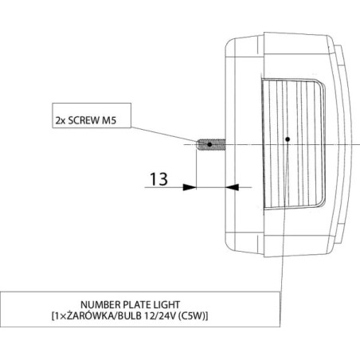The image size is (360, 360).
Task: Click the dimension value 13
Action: click(x=158, y=179)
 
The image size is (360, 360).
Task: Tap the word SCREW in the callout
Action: click(x=83, y=120)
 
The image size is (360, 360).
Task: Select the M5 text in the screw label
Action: click(x=109, y=120)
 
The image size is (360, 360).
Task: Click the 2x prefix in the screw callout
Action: click(x=61, y=121)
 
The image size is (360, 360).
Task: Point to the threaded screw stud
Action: click(x=211, y=144)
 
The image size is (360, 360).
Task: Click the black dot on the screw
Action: click(x=209, y=144)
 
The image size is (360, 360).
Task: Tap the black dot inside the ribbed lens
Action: click(x=288, y=139)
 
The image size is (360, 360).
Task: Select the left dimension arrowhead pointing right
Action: click(x=190, y=187)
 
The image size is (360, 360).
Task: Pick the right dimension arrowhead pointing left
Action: click(x=232, y=187)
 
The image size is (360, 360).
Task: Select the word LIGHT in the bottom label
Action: click(x=166, y=304)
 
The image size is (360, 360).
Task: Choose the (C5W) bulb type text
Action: click(x=191, y=316)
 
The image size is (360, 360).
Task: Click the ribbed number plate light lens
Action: click(x=293, y=144)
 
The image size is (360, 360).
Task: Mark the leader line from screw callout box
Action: click(x=165, y=135)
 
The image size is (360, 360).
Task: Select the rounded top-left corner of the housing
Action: click(x=227, y=43)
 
